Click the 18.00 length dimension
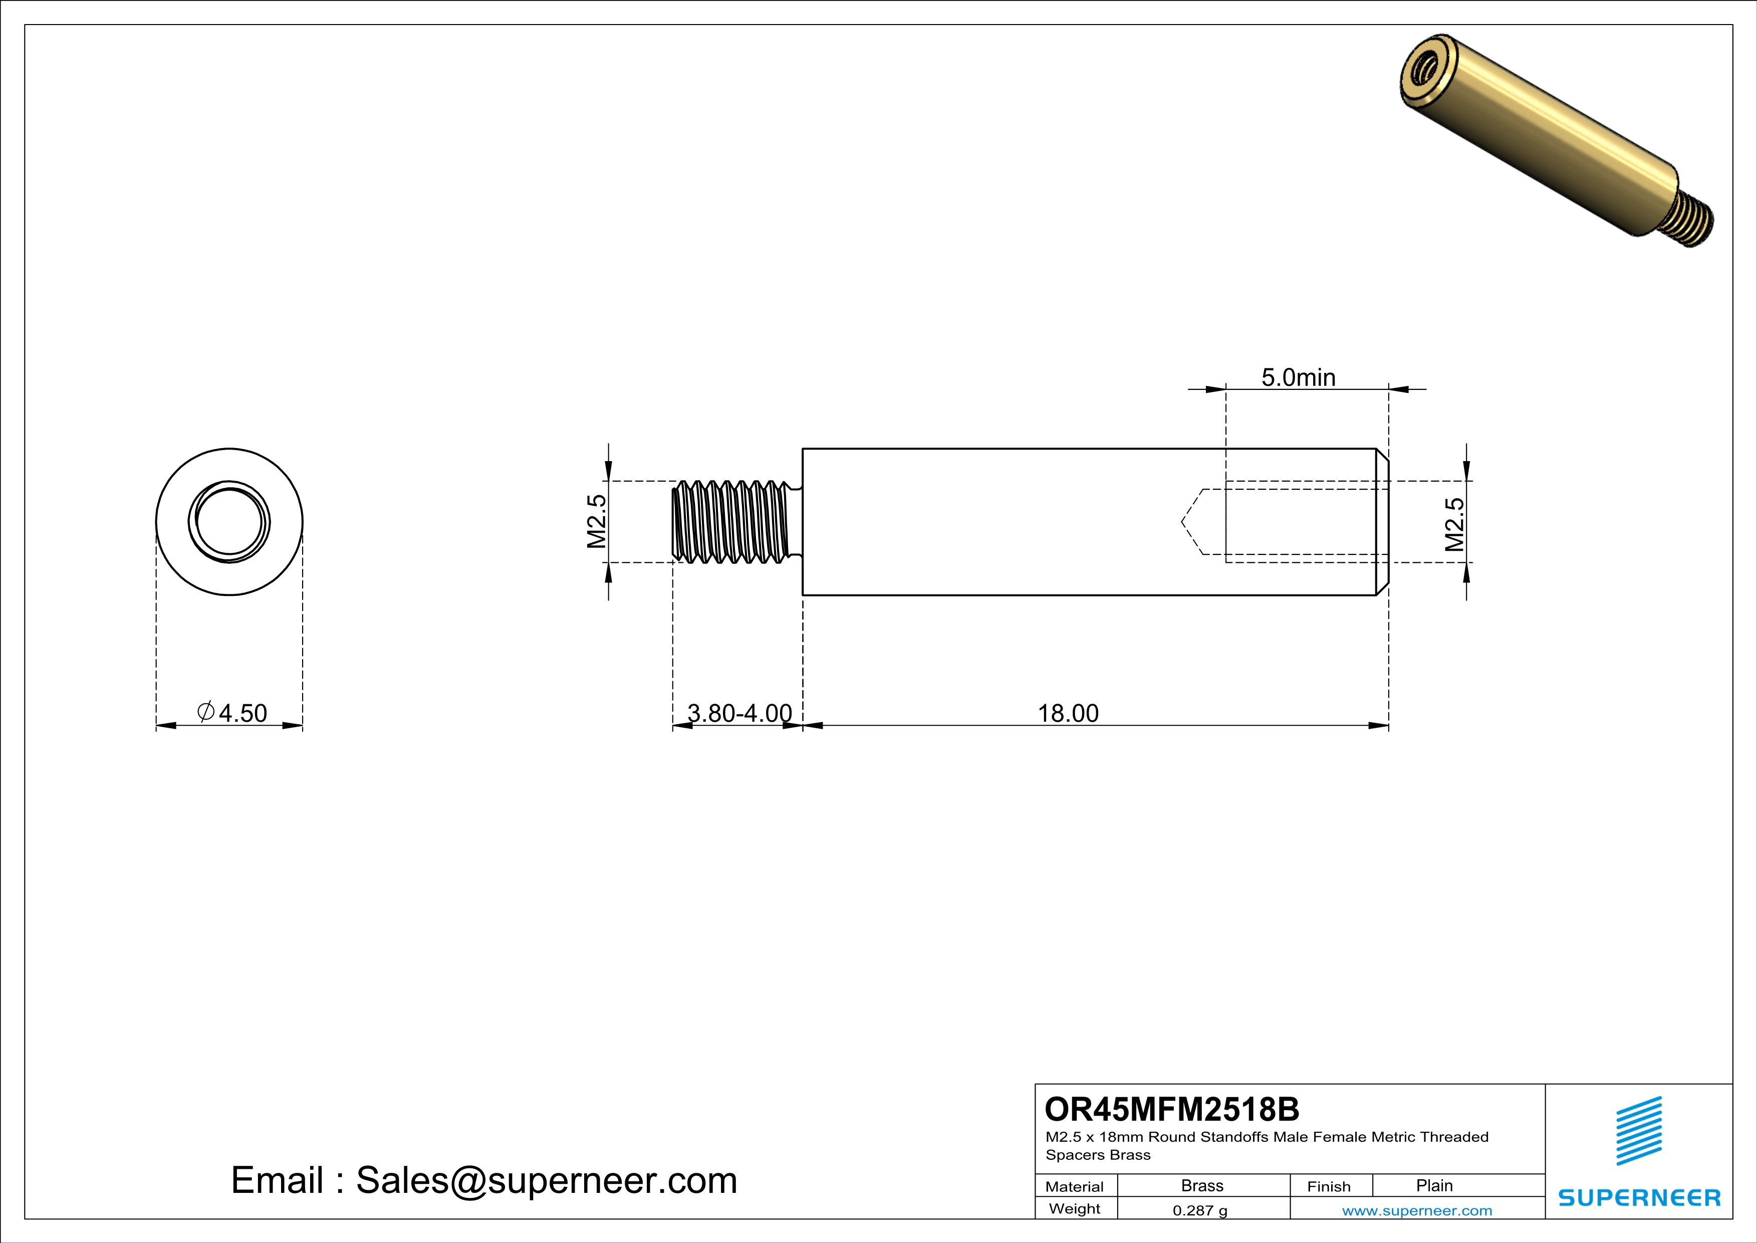[x=1068, y=713]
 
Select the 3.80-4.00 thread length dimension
[x=739, y=713]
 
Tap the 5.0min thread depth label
[x=1298, y=377]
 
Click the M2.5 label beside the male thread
[x=597, y=521]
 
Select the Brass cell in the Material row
[x=1202, y=1185]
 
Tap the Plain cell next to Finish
[x=1434, y=1185]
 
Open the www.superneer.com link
[x=1416, y=1210]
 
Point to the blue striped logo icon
[x=1638, y=1131]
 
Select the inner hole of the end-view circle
[x=229, y=521]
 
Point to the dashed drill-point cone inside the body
[x=1192, y=522]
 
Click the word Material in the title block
[x=1075, y=1186]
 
